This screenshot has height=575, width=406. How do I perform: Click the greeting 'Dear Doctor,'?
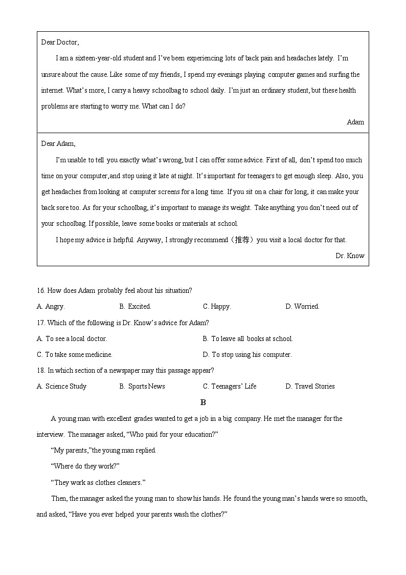click(60, 42)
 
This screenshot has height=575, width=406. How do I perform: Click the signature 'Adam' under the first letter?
click(355, 122)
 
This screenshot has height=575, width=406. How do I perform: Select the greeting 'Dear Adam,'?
click(58, 144)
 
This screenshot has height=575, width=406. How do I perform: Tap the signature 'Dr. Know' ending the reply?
click(350, 255)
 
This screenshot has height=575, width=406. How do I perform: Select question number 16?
click(41, 290)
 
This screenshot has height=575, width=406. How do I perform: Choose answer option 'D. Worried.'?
click(302, 307)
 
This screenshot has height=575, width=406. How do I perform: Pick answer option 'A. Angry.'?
click(51, 307)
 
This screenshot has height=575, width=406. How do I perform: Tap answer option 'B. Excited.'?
click(135, 307)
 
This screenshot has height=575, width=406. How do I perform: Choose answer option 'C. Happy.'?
click(217, 307)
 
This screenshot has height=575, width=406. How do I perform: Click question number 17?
click(41, 323)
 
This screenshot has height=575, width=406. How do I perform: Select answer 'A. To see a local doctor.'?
click(72, 338)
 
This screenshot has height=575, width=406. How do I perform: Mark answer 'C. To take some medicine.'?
click(75, 354)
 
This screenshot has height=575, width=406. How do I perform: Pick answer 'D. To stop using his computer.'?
click(247, 354)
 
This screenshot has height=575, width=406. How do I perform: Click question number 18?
click(41, 370)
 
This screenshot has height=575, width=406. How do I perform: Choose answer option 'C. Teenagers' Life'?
click(230, 386)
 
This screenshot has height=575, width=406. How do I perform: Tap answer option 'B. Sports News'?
click(142, 386)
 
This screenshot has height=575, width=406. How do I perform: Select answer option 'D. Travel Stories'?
click(310, 386)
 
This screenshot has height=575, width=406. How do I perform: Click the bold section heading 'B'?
click(203, 402)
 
